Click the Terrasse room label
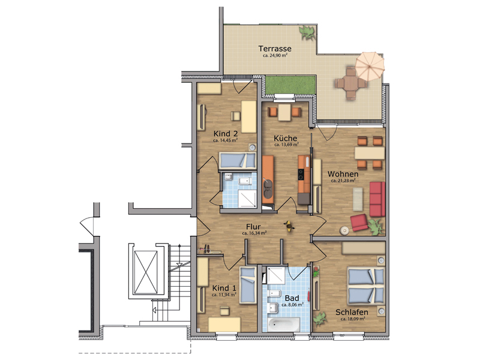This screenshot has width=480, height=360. pos(275,49)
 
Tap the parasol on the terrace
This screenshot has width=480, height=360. pos(370,66)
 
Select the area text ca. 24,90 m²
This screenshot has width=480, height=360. pos(275,56)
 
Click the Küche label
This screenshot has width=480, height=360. pos(286,139)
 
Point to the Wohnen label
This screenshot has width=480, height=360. pos(343,174)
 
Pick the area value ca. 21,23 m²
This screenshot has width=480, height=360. pos(343,181)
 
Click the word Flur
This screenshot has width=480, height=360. pos(253,227)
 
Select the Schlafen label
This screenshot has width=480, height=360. pos(352,312)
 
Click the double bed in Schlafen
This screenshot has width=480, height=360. pos(365,286)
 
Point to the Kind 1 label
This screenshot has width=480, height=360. pos(224,288)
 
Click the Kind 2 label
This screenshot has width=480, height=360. pos(226,134)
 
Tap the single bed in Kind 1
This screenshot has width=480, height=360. pos(248,285)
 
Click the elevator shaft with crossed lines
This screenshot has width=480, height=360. pos(146,272)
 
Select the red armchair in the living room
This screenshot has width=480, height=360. pos(359,223)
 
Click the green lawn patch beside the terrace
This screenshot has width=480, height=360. pos(290,85)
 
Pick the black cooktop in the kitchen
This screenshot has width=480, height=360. pos(301,175)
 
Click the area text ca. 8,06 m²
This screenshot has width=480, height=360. pos(292,305)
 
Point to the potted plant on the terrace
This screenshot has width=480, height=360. pos(307,32)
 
